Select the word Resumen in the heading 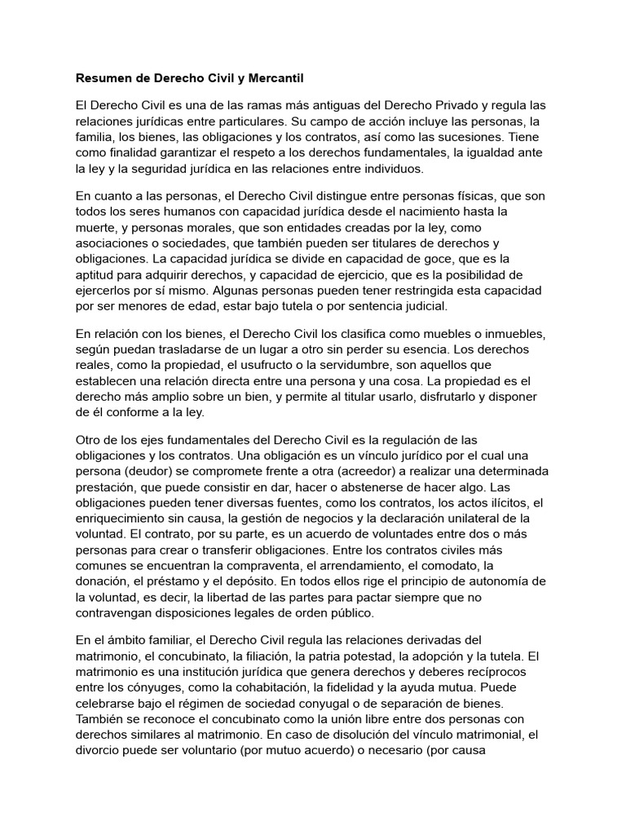coord(104,79)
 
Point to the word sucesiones coord(469,138)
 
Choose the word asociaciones coord(116,243)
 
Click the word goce coord(420,258)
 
